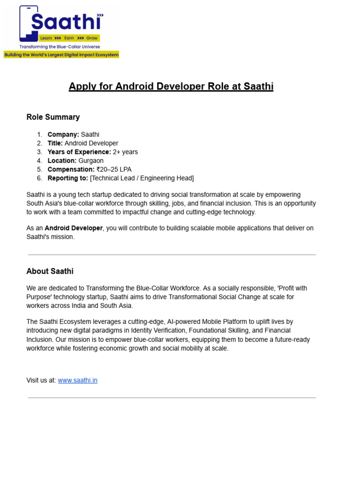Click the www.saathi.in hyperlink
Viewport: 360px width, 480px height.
point(77,380)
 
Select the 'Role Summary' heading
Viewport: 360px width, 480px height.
point(53,117)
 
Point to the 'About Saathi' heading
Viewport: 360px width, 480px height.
point(50,271)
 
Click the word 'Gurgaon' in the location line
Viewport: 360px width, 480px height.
point(91,160)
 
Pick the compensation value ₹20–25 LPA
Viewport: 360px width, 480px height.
point(114,169)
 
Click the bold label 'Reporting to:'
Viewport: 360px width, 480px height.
point(67,178)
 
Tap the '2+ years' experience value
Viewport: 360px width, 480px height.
point(125,152)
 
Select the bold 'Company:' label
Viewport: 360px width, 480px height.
point(63,135)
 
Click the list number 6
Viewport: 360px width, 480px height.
point(39,178)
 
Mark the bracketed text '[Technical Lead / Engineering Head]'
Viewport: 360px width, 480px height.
point(142,178)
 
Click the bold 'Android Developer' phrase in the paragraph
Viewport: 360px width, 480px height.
point(74,228)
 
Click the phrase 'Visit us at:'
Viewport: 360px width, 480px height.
point(41,380)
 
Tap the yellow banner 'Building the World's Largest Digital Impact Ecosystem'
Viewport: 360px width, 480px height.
point(61,55)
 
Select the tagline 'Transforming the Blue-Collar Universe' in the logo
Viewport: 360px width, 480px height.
point(59,47)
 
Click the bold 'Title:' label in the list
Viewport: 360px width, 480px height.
point(55,143)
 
